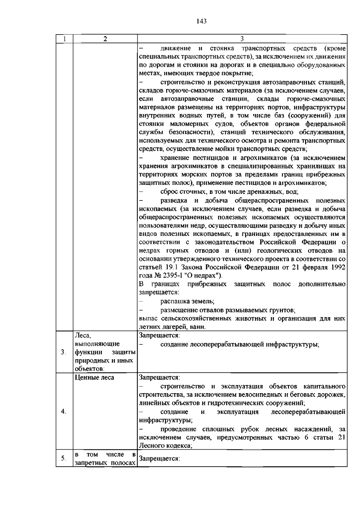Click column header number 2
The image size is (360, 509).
click(105, 39)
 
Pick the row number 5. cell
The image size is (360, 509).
click(63, 458)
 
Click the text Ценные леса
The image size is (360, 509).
click(94, 378)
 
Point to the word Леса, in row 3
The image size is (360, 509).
click(83, 336)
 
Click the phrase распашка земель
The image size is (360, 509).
click(187, 301)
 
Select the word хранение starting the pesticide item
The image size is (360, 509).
click(175, 158)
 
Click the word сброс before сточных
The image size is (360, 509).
click(169, 192)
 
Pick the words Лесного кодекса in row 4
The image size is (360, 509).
click(165, 446)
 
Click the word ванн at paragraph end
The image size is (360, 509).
click(199, 327)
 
